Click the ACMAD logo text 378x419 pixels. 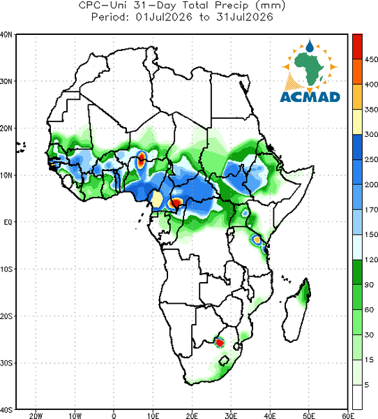click(310, 97)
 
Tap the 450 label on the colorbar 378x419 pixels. click(371, 59)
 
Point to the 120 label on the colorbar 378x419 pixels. click(371, 260)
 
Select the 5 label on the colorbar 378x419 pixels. click(367, 385)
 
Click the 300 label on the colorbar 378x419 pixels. click(371, 134)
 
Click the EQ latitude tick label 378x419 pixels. click(8, 222)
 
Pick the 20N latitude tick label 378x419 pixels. click(6, 128)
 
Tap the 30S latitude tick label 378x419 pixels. click(6, 363)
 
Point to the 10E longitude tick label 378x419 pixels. click(153, 416)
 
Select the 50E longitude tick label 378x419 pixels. click(309, 416)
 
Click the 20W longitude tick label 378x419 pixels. click(36, 416)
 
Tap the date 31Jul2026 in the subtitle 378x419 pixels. click(245, 17)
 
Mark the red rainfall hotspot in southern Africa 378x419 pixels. click(220, 342)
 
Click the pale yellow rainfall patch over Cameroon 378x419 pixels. click(157, 199)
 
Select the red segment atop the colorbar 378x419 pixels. click(357, 47)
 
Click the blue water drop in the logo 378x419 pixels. click(310, 46)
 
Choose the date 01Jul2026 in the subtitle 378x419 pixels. click(164, 17)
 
